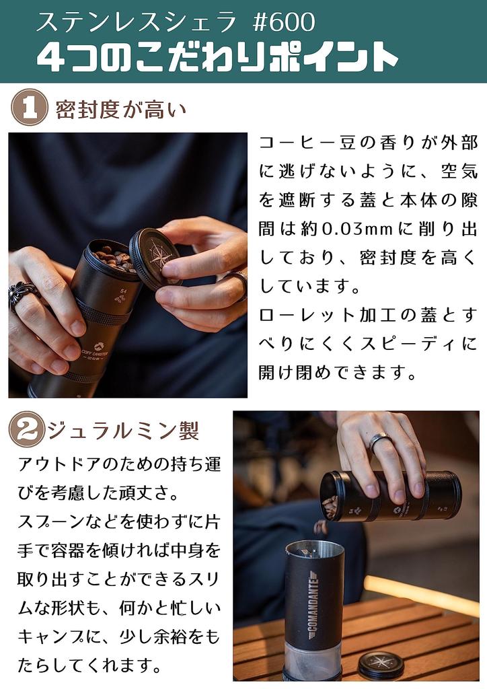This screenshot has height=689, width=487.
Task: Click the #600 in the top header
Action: coord(284,22)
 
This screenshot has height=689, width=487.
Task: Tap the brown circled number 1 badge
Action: coord(30,107)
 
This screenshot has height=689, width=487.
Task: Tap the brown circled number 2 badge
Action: coord(26,429)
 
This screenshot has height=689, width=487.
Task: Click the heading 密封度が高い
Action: coord(121,110)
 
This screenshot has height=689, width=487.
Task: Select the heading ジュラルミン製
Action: coord(123,430)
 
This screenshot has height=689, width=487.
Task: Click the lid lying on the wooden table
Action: coord(381,664)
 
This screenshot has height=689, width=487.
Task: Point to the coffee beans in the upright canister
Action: coord(114,259)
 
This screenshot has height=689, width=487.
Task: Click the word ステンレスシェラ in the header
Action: coord(136,22)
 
